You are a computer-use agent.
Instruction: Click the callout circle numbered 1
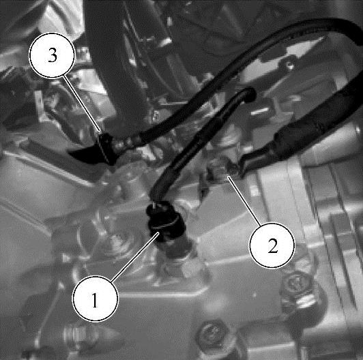coord(96,299)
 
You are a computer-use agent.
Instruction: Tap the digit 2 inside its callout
coord(273,245)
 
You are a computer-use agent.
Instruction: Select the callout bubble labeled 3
coord(52,55)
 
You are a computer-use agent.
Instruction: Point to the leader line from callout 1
coord(135,257)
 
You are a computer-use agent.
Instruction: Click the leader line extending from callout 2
coord(244,200)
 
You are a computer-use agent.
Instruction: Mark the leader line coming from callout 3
coord(82,104)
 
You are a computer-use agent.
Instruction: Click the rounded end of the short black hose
coord(250,94)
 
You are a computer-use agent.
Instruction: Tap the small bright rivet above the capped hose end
coord(290,66)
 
